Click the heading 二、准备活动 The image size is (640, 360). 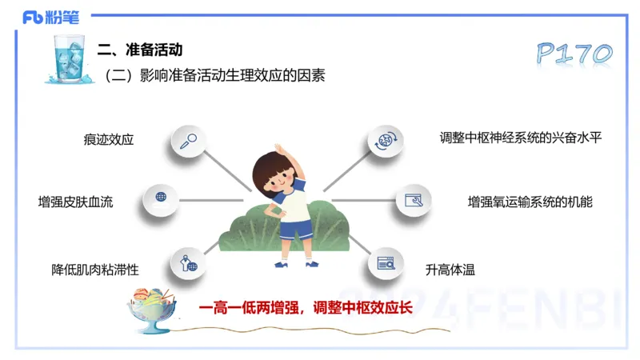140,50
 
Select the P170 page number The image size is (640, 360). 574,54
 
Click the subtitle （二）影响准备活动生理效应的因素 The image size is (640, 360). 214,76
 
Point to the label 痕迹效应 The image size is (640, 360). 108,139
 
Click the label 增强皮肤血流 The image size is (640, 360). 76,202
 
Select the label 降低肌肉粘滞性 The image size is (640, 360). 95,270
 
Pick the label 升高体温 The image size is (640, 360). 450,270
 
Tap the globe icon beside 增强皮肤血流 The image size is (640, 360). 161,198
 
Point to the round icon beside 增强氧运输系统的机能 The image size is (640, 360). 414,200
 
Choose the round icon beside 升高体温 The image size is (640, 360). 386,262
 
